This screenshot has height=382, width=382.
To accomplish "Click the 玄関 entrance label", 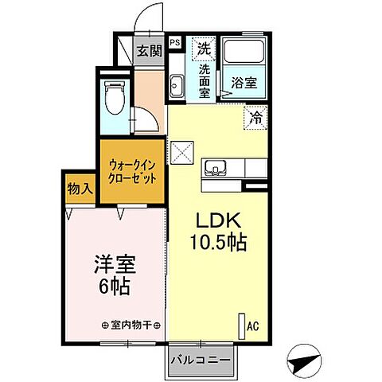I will point(148,52).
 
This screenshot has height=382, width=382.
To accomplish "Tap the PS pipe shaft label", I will point(175,43).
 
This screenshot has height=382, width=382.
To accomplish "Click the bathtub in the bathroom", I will point(244,53).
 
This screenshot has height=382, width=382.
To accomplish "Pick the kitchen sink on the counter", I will point(216,168).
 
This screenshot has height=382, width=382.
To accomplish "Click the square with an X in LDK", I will point(183,150).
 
